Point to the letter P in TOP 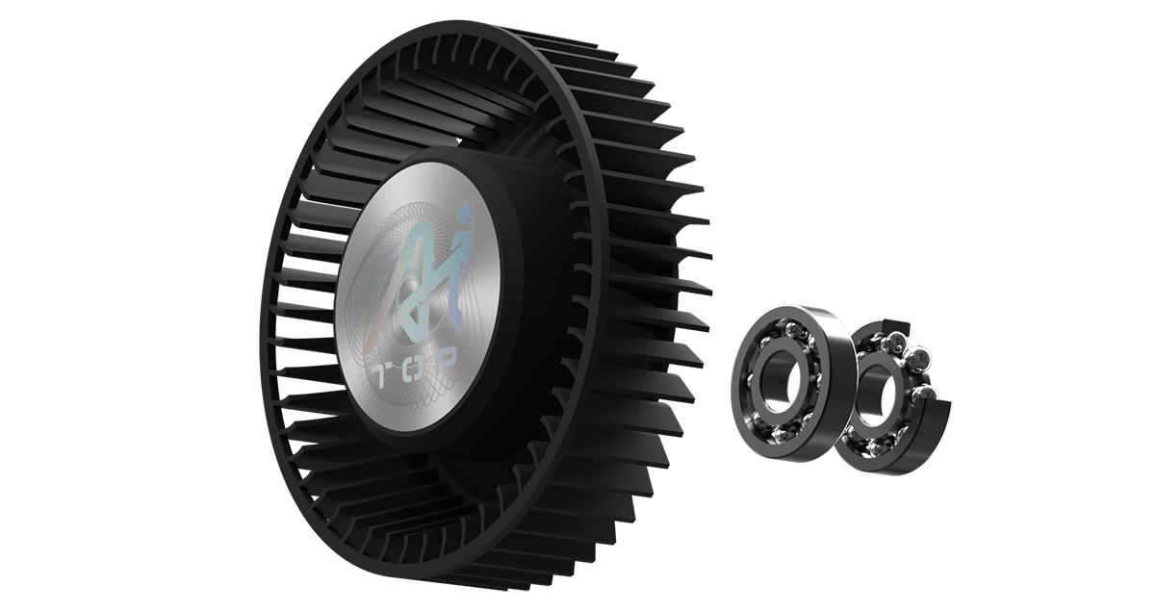point(446,357)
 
